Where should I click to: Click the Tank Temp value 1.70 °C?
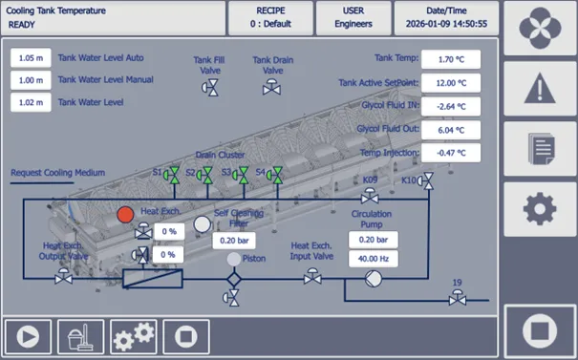(x=451, y=59)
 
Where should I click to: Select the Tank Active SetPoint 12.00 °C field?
(x=451, y=83)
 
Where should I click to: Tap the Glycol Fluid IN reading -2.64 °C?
(x=451, y=107)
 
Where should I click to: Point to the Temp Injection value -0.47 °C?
(x=451, y=153)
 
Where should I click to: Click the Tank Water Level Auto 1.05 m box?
(x=31, y=58)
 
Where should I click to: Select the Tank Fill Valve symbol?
(x=210, y=88)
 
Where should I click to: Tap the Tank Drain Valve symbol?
(x=271, y=87)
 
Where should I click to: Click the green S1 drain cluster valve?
(x=171, y=175)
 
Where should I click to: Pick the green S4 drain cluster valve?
(x=275, y=175)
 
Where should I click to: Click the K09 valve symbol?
(x=370, y=196)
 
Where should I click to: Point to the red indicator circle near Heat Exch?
(x=125, y=215)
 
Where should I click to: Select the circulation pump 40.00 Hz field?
(x=373, y=259)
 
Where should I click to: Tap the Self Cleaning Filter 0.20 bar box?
(x=234, y=241)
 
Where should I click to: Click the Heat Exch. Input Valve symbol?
(x=312, y=276)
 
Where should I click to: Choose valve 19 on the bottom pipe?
(x=458, y=297)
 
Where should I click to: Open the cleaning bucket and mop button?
(x=80, y=337)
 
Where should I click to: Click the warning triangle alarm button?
(x=540, y=89)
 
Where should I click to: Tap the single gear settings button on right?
(x=540, y=209)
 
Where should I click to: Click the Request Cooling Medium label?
(x=58, y=173)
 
